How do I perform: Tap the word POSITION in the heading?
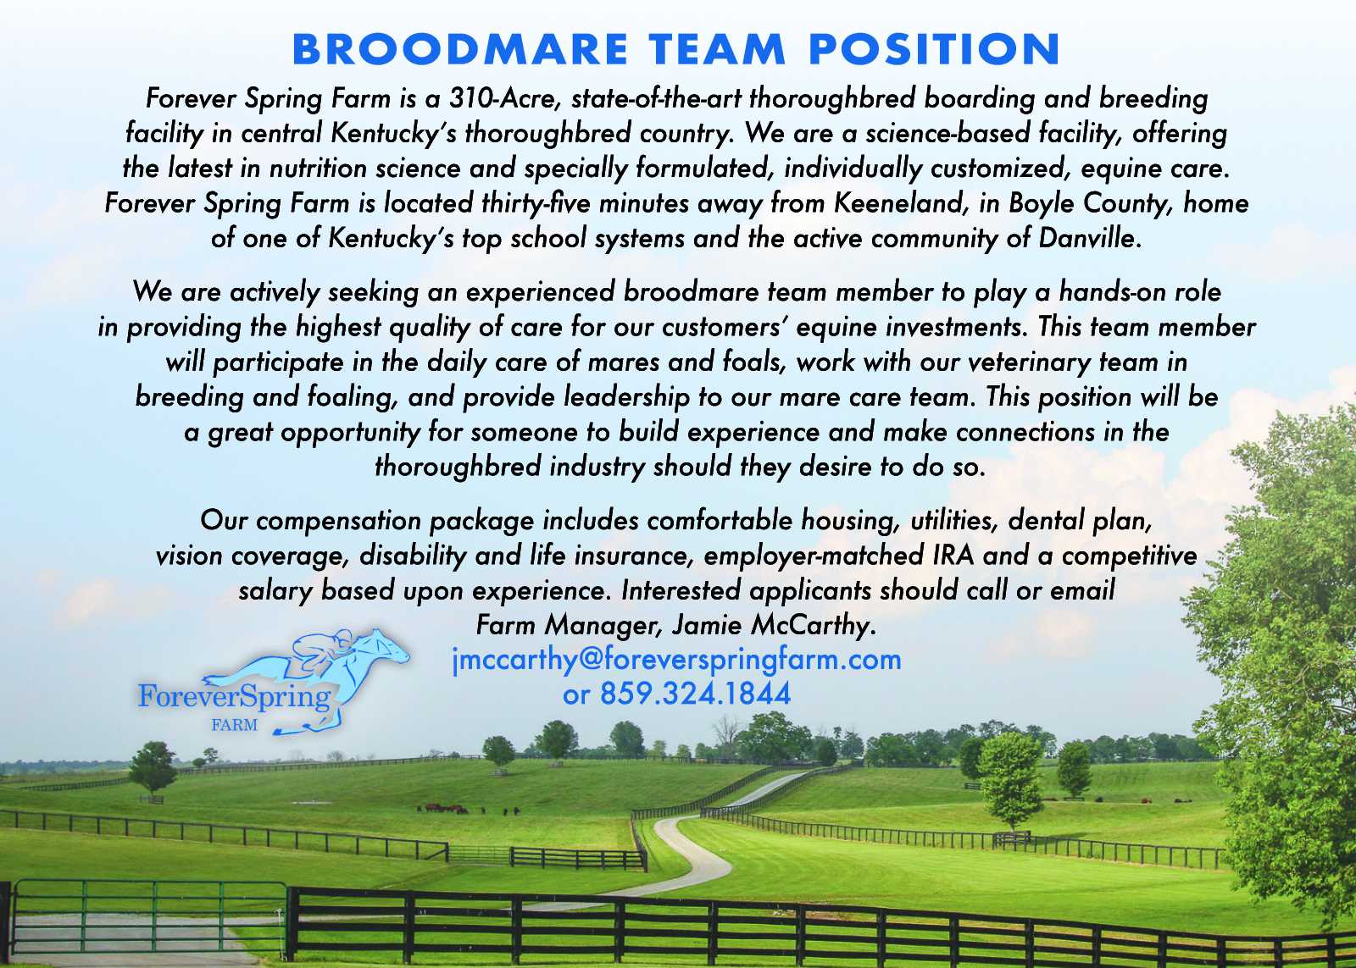click(934, 49)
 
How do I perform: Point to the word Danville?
click(1090, 238)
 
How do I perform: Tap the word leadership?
click(627, 397)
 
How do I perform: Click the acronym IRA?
click(953, 556)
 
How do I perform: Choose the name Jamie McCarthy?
click(774, 625)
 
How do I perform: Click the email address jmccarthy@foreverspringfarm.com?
click(677, 660)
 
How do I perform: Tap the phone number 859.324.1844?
click(695, 694)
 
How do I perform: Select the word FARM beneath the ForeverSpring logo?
click(234, 725)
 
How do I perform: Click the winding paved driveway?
click(696, 847)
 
